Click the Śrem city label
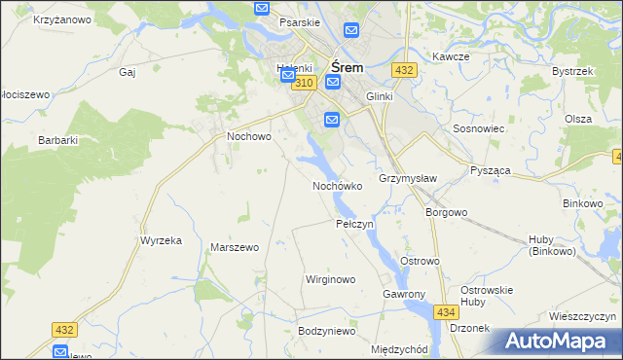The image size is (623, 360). [348, 68]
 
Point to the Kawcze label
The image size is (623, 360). [451, 56]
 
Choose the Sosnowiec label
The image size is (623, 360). [477, 128]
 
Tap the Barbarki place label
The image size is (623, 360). [57, 140]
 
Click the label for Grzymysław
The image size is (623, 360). [407, 179]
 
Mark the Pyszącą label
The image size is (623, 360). [491, 170]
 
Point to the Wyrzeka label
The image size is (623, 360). [162, 240]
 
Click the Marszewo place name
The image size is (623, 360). [235, 247]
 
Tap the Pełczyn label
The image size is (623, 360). [354, 224]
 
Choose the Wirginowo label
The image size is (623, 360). [330, 279]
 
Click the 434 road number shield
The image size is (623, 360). [446, 311]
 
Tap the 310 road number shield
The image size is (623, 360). [303, 84]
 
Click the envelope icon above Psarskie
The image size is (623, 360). [262, 8]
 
